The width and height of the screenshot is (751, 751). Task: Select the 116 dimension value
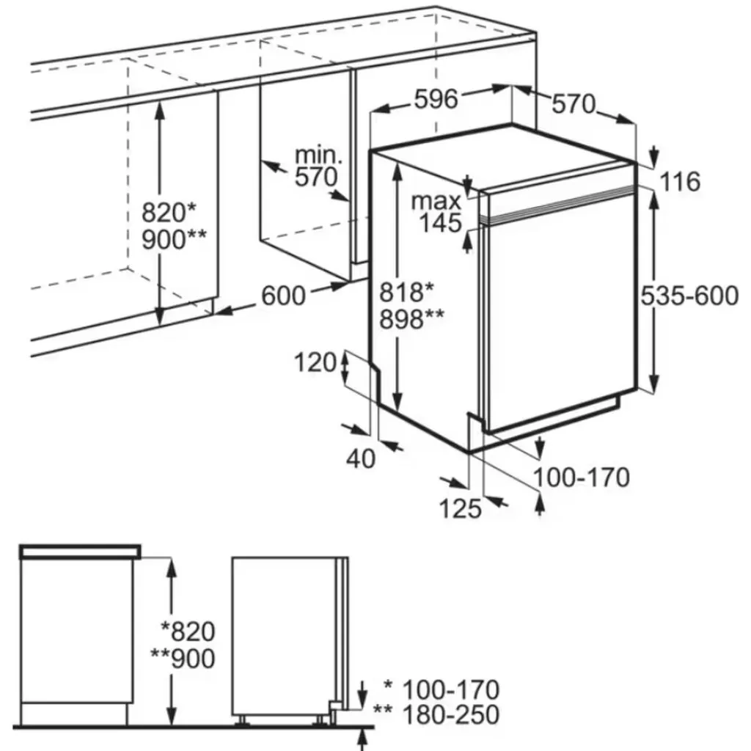click(x=680, y=181)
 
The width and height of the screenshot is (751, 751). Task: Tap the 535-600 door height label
click(x=689, y=296)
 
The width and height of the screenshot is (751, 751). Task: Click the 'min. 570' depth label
click(x=318, y=166)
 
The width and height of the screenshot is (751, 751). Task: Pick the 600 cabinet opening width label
click(x=283, y=296)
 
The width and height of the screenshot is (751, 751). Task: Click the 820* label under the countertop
click(x=169, y=213)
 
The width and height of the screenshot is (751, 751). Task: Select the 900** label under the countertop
click(x=174, y=239)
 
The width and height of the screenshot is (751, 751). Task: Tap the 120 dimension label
click(x=315, y=362)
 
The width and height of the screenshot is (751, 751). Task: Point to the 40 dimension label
click(x=360, y=458)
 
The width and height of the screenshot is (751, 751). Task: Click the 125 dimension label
click(x=462, y=508)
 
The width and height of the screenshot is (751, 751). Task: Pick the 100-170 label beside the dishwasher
click(x=581, y=477)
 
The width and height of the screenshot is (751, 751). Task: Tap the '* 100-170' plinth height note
click(x=442, y=689)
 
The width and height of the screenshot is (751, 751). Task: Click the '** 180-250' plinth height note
click(x=436, y=714)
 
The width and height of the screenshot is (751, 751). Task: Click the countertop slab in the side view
click(x=79, y=551)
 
